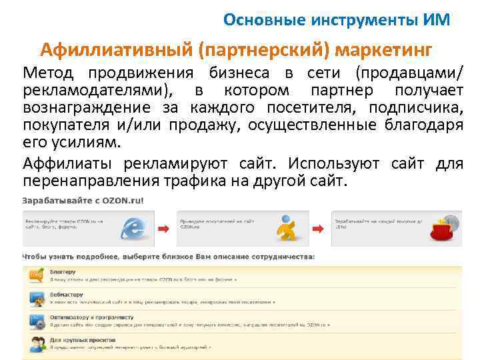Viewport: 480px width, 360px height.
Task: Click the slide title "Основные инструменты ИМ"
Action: (x=337, y=19)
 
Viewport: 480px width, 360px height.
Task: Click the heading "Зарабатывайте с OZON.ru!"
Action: (x=83, y=200)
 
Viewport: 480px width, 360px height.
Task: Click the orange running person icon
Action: (x=288, y=228)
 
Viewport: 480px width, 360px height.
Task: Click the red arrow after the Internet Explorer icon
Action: (x=163, y=229)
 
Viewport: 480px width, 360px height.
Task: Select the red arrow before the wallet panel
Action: (x=318, y=229)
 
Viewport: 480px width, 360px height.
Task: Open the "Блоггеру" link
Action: (x=62, y=272)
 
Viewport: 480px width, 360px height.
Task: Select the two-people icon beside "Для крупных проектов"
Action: (x=36, y=343)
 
